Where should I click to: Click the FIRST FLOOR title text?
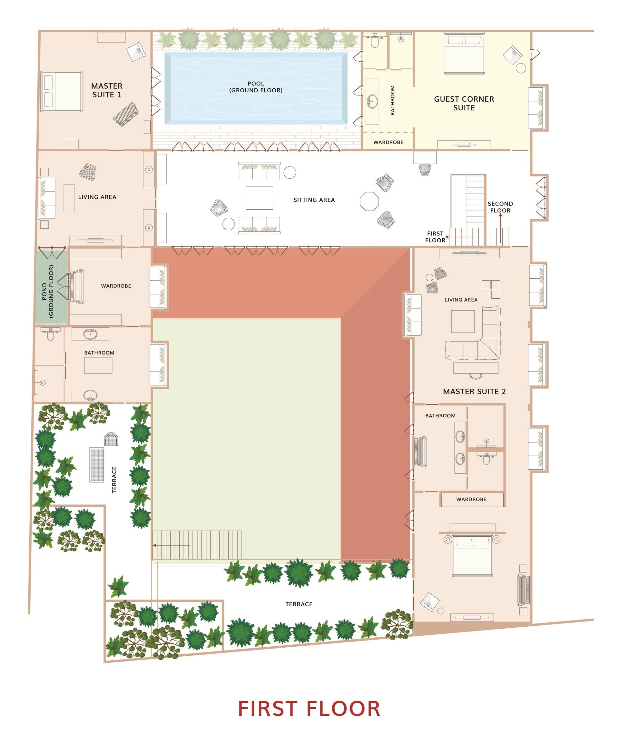click(x=309, y=709)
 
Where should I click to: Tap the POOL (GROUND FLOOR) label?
click(x=256, y=87)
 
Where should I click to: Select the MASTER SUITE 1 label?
click(x=107, y=90)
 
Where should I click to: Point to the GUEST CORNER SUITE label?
click(x=464, y=103)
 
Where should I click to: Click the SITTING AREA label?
click(x=314, y=200)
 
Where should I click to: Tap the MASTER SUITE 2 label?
click(x=474, y=391)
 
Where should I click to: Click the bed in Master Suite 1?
click(x=62, y=91)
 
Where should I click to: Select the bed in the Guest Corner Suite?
click(x=464, y=54)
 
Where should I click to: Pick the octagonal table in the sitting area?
click(x=369, y=202)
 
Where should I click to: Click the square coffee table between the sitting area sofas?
click(x=259, y=198)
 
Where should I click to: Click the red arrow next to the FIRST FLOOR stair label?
click(x=460, y=237)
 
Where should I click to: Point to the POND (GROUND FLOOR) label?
click(x=47, y=291)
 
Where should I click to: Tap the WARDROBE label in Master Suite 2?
click(x=471, y=499)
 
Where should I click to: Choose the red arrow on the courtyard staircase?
click(x=171, y=545)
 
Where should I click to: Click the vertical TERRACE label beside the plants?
click(x=114, y=480)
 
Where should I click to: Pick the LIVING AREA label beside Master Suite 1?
click(x=97, y=197)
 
